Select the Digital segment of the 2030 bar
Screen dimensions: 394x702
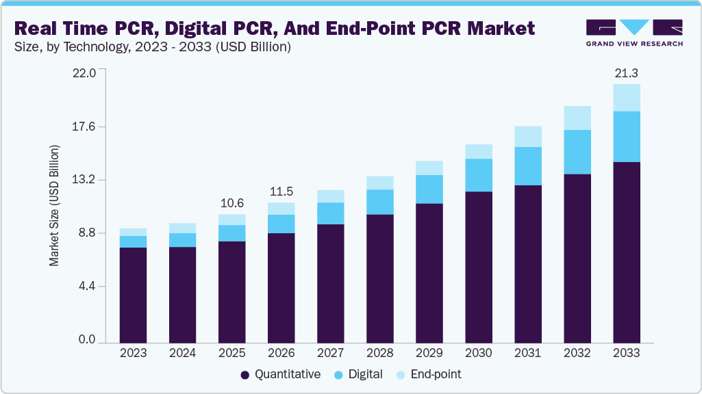point(479,175)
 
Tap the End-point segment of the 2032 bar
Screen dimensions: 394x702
point(577,118)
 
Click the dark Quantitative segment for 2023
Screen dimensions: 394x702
point(133,294)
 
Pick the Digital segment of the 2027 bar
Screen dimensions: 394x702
point(331,213)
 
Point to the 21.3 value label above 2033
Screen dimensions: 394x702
point(626,73)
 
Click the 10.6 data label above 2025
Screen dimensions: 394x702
point(231,203)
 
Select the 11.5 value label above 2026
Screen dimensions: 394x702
point(281,192)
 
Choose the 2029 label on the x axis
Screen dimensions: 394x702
point(429,354)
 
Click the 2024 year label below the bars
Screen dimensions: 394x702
point(182,354)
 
